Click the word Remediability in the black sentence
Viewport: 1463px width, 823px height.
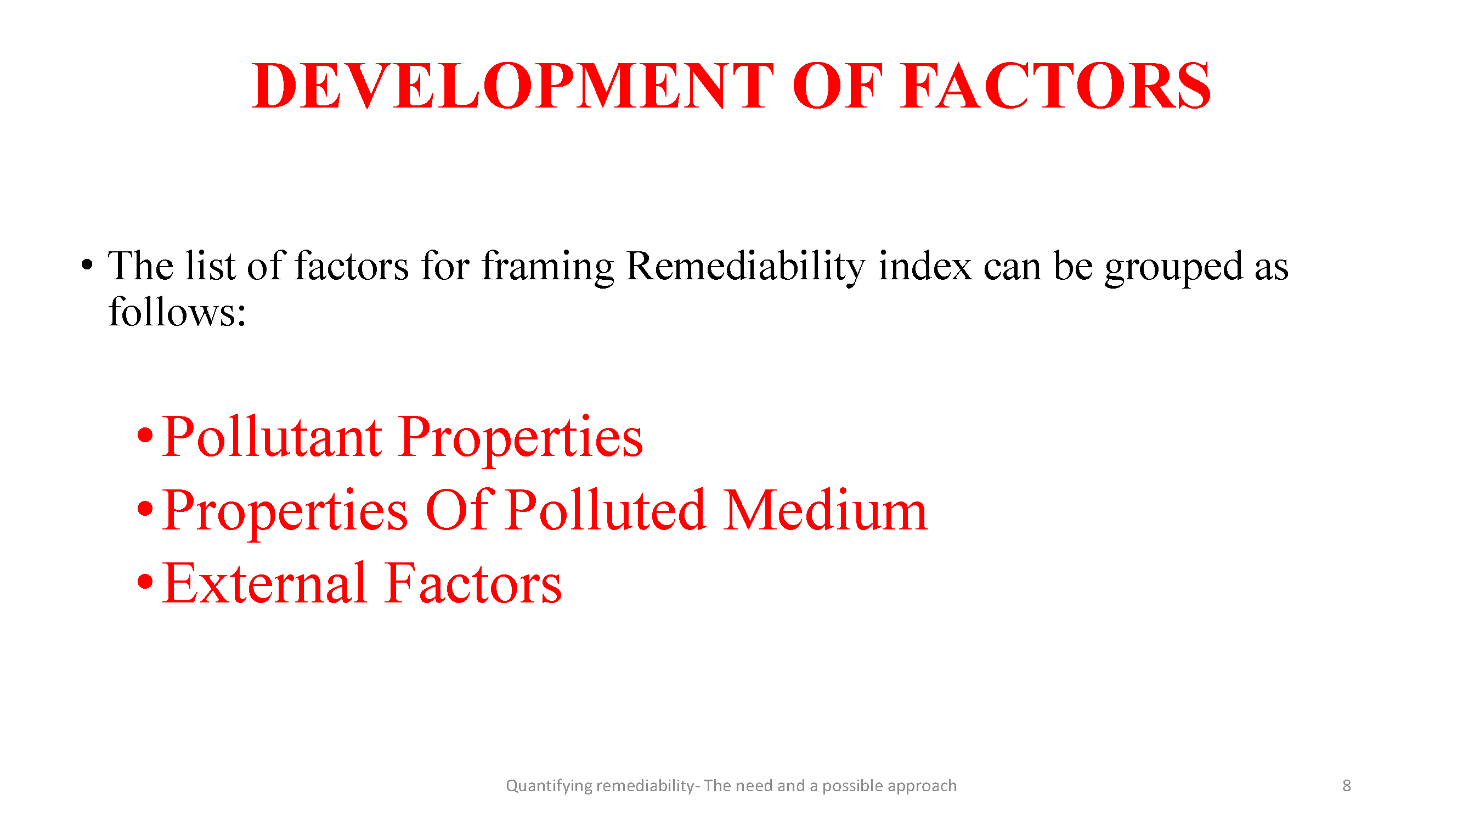point(745,268)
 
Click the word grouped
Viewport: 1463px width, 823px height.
point(1173,268)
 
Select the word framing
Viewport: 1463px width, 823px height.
point(547,268)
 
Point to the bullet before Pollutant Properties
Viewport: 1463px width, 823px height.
point(145,436)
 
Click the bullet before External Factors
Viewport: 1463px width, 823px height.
point(145,582)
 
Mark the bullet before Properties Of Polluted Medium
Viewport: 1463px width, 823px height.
point(145,509)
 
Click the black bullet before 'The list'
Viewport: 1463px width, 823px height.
point(86,265)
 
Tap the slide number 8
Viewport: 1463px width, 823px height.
point(1346,786)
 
